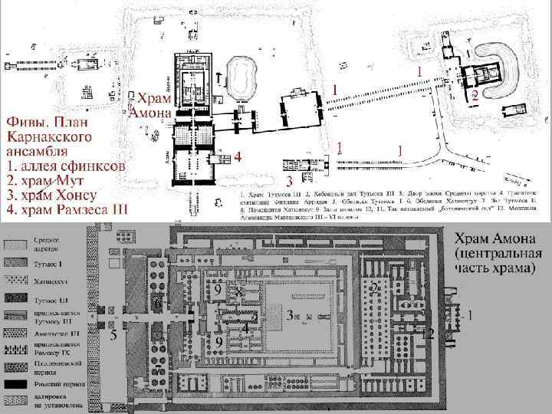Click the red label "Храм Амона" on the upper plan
pyautogui.click(x=150, y=106)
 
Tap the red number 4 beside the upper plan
pyautogui.click(x=238, y=156)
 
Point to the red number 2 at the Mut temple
pyautogui.click(x=475, y=97)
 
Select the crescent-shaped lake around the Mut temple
pyautogui.click(x=507, y=73)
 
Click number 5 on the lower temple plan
pyautogui.click(x=113, y=336)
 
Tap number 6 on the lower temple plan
pyautogui.click(x=157, y=304)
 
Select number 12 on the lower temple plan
pyautogui.click(x=429, y=332)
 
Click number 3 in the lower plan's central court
pyautogui.click(x=289, y=314)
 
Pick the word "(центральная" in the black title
pyautogui.click(x=498, y=253)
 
